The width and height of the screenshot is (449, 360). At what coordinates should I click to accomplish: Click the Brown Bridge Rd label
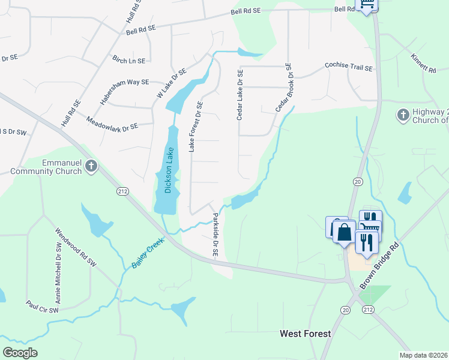coord(378,265)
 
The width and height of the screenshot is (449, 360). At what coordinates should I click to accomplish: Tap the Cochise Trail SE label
coord(349,67)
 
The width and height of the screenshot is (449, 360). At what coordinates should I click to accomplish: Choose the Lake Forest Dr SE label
coord(196,126)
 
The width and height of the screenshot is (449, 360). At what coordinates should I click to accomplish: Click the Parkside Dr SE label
coord(214,235)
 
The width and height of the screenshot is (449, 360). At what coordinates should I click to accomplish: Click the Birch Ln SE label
coord(129,60)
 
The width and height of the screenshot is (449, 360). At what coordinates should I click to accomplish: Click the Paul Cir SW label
coord(42,307)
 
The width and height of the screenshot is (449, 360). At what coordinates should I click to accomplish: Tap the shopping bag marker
coord(345,231)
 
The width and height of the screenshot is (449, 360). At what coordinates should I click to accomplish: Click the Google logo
coord(20,353)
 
